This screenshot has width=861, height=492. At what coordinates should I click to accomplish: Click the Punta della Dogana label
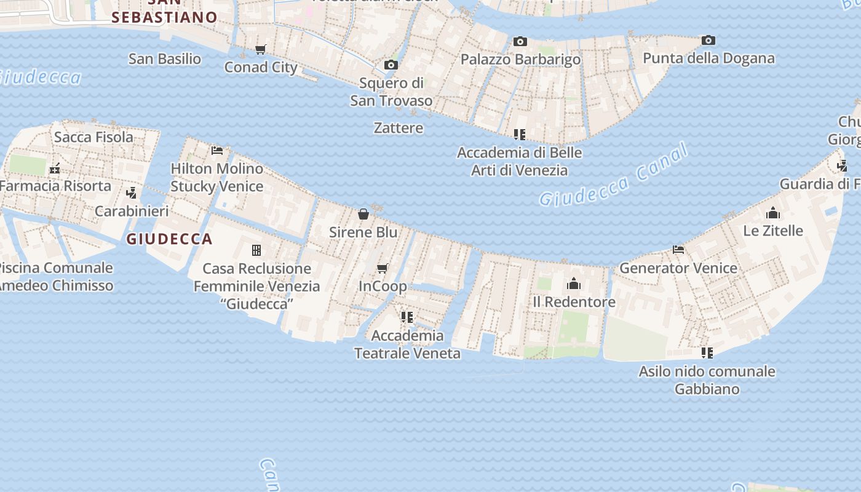(x=708, y=58)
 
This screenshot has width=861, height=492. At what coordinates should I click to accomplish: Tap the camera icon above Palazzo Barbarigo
(x=520, y=42)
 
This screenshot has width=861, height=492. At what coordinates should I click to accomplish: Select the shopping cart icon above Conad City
(x=261, y=50)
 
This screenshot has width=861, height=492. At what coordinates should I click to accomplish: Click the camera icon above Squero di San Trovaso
(x=391, y=65)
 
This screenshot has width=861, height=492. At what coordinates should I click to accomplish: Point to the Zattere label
(x=399, y=128)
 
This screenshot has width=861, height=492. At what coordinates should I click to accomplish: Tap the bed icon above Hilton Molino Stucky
(x=216, y=150)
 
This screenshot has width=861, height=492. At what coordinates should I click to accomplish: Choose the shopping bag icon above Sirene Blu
(x=363, y=214)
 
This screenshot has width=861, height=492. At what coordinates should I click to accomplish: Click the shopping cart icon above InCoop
(x=383, y=268)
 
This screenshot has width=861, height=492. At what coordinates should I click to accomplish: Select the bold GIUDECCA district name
(x=169, y=239)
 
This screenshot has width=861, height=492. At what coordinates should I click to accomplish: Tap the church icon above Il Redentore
(x=574, y=284)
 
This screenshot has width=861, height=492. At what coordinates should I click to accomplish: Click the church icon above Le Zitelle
(x=773, y=213)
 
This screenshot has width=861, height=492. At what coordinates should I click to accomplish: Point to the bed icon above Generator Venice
(x=678, y=250)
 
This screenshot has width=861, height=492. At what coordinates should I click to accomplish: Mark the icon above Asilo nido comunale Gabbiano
(x=707, y=353)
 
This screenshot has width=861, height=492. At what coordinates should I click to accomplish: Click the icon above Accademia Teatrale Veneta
(x=407, y=317)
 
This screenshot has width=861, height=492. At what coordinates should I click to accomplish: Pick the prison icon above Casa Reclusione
(x=256, y=250)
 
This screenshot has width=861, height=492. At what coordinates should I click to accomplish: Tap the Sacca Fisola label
(x=93, y=137)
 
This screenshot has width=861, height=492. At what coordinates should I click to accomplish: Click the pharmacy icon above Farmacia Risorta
(x=55, y=168)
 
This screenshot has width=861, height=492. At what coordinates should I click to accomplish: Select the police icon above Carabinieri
(x=131, y=193)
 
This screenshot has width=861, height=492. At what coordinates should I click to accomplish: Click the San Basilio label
(x=165, y=59)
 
